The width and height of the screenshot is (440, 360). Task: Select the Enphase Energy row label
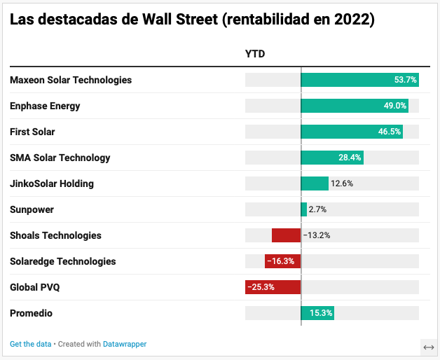coord(45,106)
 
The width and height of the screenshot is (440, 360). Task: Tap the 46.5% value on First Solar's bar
coord(390,132)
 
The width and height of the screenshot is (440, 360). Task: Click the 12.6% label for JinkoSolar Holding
coord(342,184)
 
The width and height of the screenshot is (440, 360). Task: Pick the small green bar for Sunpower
coord(304,209)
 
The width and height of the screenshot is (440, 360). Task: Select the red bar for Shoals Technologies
coord(286,235)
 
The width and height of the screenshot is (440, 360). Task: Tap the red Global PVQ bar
coord(273,287)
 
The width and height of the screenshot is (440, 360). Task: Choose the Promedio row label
coord(31,313)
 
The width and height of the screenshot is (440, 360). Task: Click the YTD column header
coord(255,54)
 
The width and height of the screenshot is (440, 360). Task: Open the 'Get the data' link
coord(31,344)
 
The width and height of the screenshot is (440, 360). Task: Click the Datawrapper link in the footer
coord(125,344)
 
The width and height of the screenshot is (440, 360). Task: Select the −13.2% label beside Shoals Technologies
coord(317,235)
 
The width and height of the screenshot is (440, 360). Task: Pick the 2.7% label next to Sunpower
coord(317,209)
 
